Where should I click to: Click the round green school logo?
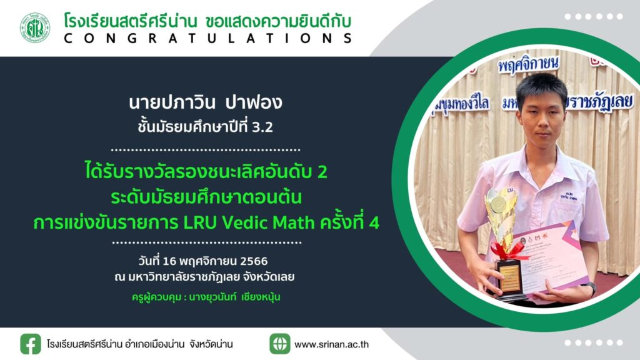click(x=35, y=27)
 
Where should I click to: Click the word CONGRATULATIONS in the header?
click(x=208, y=38)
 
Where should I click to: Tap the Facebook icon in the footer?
click(x=31, y=344)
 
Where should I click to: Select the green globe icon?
click(x=279, y=344)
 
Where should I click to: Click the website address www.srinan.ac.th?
click(x=331, y=344)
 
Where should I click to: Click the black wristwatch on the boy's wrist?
click(x=590, y=287)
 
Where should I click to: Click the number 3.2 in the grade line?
click(x=262, y=127)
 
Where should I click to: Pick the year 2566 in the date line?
click(x=254, y=261)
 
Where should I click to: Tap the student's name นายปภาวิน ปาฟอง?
click(x=205, y=102)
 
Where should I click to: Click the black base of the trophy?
click(x=510, y=279)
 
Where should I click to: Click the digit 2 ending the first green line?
click(x=322, y=172)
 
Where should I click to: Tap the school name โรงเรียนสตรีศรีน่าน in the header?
click(x=131, y=21)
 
